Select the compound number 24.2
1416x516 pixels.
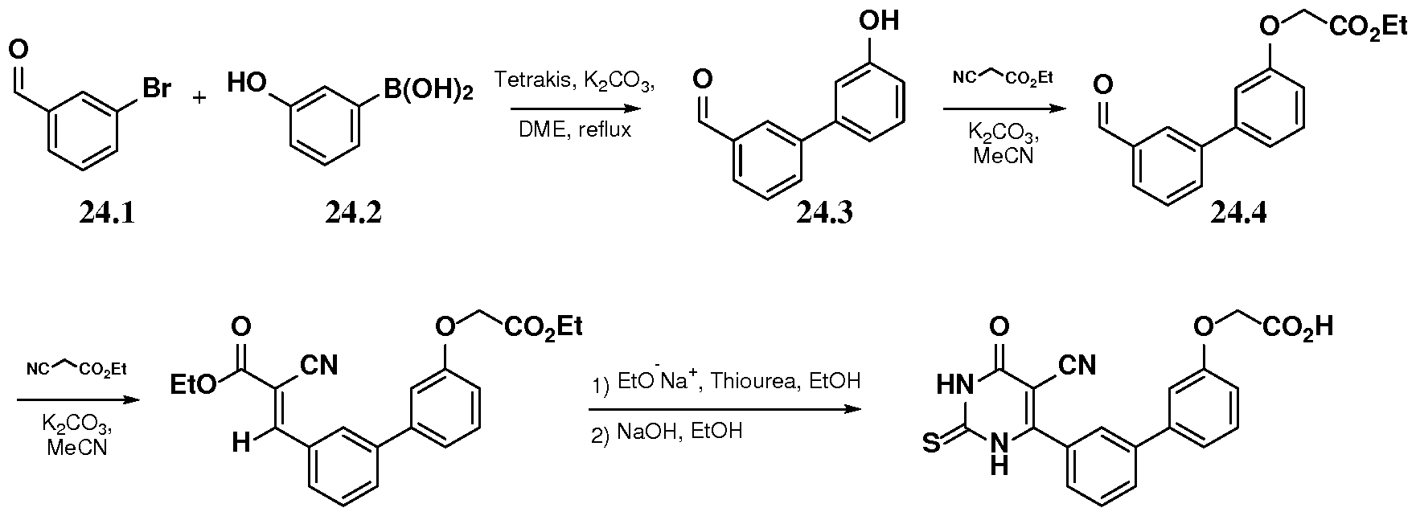click(353, 212)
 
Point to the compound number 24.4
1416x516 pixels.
click(1238, 213)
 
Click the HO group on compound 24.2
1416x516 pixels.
click(247, 81)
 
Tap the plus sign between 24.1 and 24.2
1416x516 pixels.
click(199, 97)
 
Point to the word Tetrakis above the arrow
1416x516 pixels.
click(528, 80)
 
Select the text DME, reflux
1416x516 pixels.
click(575, 129)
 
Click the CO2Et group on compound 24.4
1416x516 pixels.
click(1368, 29)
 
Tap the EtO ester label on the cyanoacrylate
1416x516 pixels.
click(194, 385)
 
